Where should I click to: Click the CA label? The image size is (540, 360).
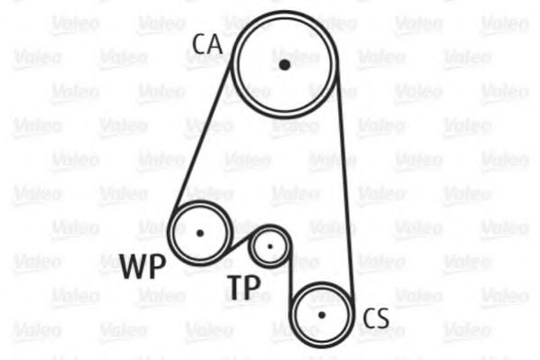[207, 44]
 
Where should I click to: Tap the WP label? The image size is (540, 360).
[143, 266]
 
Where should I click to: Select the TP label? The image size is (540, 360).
[243, 287]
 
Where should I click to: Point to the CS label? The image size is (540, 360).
[376, 318]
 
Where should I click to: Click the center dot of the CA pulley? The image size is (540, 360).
[284, 64]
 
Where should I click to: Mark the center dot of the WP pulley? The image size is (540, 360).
[200, 233]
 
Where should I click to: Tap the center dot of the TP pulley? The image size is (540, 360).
[270, 246]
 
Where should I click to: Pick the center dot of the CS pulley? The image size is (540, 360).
[322, 315]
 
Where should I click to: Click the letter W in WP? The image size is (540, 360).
[134, 266]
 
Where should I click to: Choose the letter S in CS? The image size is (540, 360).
[383, 318]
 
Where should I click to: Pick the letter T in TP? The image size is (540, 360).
[235, 287]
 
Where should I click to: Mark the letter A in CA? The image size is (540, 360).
[215, 44]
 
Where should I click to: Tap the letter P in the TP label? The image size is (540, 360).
[253, 287]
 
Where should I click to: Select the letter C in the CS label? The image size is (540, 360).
[370, 318]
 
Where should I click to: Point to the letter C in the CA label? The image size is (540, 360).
[199, 44]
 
